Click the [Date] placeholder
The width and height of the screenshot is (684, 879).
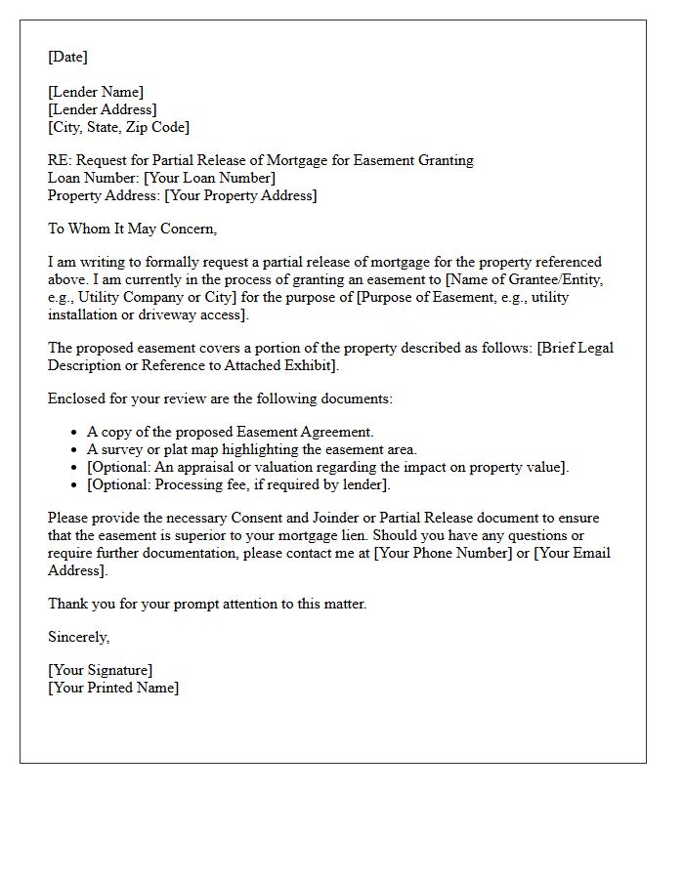tap(67, 57)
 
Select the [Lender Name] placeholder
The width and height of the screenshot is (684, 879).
tap(96, 92)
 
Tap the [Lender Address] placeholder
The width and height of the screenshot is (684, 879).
tap(103, 109)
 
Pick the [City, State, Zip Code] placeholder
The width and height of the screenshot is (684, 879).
tap(118, 127)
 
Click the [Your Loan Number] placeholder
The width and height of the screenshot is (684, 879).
tap(209, 178)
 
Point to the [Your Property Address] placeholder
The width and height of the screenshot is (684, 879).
tap(240, 195)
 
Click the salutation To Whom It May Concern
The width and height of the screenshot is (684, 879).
tap(132, 229)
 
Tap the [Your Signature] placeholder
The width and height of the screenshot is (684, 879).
tap(100, 670)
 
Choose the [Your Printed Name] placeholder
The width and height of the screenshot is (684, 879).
tap(113, 688)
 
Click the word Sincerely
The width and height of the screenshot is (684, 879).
tap(79, 637)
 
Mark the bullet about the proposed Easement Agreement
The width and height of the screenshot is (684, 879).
tap(231, 432)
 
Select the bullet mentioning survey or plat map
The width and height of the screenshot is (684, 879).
tap(252, 449)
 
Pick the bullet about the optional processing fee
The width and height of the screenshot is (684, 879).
tap(238, 484)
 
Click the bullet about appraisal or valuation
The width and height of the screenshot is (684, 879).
tap(327, 467)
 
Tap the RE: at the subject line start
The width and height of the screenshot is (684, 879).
tap(59, 160)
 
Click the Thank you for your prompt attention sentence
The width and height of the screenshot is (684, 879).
tap(207, 604)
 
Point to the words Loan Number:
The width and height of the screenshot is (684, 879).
tap(94, 178)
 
